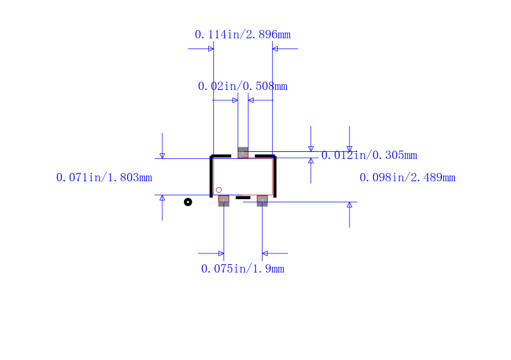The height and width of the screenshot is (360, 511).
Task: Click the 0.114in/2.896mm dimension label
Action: [243, 34]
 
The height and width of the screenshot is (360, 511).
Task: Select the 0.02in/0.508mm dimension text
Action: [243, 86]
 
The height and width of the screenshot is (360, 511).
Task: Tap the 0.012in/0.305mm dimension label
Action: [369, 155]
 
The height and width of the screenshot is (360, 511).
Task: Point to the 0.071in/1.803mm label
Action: [104, 177]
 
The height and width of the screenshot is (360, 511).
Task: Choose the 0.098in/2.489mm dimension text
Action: [408, 177]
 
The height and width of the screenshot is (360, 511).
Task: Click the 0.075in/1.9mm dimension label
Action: [243, 269]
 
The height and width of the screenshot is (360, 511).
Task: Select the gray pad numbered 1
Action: [224, 200]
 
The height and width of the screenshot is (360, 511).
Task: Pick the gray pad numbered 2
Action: [262, 200]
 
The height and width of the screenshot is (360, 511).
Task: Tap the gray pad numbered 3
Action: [243, 153]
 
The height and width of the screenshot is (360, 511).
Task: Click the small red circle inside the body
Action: [218, 190]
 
